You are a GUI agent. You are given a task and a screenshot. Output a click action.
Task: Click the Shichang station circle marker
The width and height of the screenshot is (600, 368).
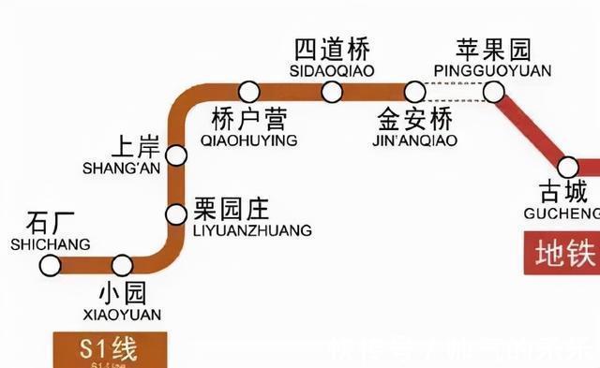[x=50, y=265]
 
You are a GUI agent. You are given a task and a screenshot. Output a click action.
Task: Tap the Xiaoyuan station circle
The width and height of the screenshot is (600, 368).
[x=122, y=265]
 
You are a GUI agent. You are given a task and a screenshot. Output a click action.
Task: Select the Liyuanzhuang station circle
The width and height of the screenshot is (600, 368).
[x=176, y=213]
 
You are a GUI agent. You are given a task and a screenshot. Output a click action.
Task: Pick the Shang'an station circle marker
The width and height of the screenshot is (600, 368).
[x=175, y=153]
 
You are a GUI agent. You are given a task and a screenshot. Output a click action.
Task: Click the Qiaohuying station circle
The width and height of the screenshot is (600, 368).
[x=248, y=91]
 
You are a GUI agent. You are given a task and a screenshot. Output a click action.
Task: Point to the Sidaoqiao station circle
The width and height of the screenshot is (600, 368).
[x=331, y=91]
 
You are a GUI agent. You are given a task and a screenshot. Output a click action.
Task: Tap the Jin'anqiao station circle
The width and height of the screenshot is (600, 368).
[x=414, y=91]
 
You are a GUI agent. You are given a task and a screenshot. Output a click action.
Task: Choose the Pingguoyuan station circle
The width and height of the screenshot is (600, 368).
[x=494, y=91]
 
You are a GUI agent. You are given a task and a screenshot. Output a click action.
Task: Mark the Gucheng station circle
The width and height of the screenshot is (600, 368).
[x=568, y=168]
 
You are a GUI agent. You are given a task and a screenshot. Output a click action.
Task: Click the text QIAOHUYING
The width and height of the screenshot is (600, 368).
[x=248, y=140]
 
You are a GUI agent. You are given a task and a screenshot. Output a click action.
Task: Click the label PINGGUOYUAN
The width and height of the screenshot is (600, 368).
[x=494, y=70]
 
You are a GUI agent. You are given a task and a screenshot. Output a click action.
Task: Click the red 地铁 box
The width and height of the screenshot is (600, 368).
[x=562, y=253]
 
